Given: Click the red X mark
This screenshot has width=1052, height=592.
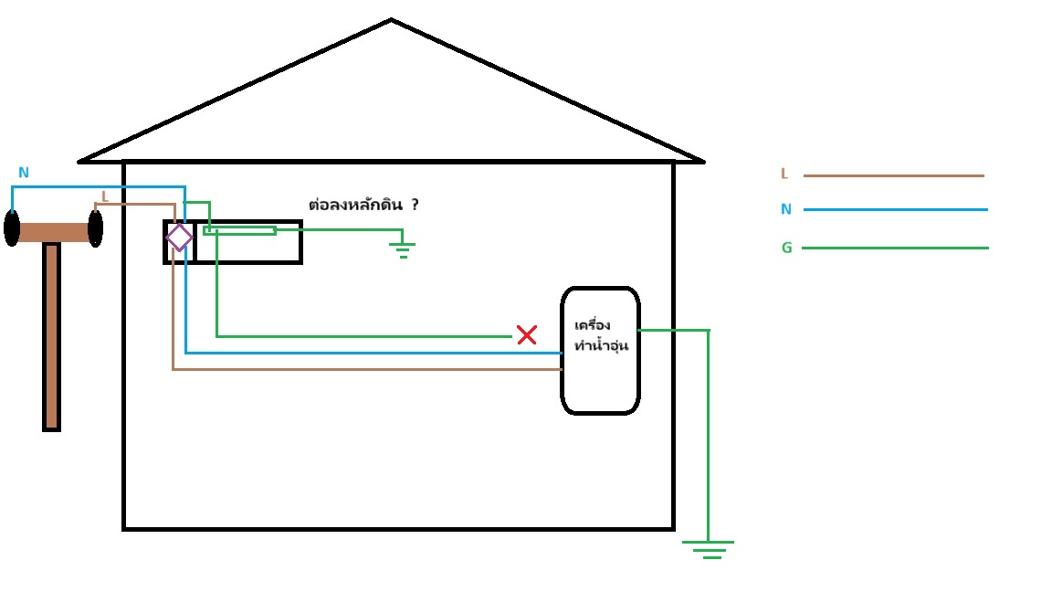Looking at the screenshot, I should click(x=527, y=335).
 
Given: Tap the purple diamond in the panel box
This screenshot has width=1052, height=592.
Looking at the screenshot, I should click(x=179, y=238).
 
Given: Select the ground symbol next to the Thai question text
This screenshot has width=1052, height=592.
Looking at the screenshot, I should click(x=403, y=249).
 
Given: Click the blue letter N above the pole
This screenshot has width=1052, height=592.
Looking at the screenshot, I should click(x=24, y=173).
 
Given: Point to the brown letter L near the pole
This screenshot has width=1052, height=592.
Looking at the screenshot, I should click(x=104, y=196).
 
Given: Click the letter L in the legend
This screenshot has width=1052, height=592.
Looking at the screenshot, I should click(x=784, y=174).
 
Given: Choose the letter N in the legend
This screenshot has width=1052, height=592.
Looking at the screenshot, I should click(x=785, y=209).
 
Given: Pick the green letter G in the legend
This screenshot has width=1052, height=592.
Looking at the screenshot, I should click(x=786, y=248).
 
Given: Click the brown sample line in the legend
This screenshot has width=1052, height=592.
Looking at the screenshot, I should click(x=893, y=175).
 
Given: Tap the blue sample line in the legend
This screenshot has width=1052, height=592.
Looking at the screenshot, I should click(x=895, y=209).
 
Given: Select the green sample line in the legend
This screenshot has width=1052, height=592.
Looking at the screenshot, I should click(x=895, y=248).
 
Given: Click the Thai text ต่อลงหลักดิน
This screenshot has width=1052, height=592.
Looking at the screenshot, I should click(x=354, y=205).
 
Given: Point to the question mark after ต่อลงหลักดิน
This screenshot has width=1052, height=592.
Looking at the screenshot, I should click(x=415, y=205).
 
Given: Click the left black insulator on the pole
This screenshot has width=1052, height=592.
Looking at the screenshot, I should click(x=12, y=227).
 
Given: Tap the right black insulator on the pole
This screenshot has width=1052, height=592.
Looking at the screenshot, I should click(x=95, y=228).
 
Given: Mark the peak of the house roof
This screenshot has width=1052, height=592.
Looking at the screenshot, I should click(x=391, y=21).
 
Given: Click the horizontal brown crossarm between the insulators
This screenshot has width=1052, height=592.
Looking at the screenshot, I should click(x=53, y=232).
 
